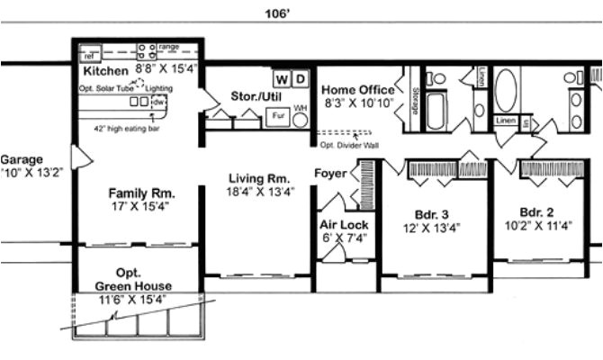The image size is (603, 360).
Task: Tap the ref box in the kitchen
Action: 90,55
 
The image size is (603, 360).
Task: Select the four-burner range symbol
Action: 145,49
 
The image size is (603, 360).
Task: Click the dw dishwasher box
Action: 159,103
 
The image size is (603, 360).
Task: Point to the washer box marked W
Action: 281,77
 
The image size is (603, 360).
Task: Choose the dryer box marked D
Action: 301,77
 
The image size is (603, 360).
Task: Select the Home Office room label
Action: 357,89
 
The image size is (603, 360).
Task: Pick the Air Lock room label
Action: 343,224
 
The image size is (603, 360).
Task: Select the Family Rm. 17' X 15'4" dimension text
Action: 140,206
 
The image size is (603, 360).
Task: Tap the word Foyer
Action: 330,173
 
